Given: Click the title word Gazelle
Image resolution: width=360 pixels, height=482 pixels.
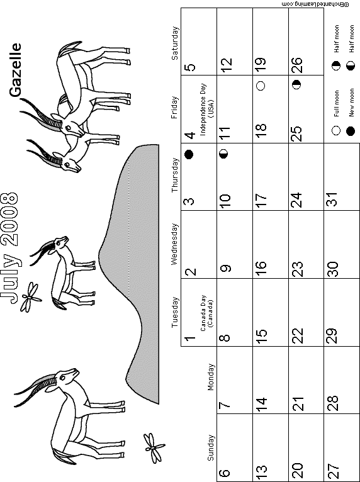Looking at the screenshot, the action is click(x=15, y=70).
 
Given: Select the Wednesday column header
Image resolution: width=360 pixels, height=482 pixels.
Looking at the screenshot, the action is click(x=174, y=244).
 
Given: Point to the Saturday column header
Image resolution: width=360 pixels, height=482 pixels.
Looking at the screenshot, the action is click(x=174, y=43).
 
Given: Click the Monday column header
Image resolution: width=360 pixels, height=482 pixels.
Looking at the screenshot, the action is click(x=211, y=377).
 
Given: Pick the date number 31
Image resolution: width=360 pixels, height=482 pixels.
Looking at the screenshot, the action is click(x=333, y=199).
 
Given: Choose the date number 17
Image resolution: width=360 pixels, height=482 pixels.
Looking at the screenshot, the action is click(x=261, y=201).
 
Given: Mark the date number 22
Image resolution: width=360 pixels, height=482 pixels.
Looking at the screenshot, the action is click(x=297, y=335).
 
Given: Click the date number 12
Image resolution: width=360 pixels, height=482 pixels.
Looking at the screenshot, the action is click(x=227, y=65).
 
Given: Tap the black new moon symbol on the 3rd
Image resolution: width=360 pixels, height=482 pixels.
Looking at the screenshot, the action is click(x=189, y=154).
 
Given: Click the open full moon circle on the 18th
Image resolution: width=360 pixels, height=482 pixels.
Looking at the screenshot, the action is click(x=261, y=86).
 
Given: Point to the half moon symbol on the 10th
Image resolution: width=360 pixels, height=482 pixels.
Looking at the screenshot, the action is click(x=224, y=154).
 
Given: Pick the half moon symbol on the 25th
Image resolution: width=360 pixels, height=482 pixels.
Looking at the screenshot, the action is click(x=296, y=84).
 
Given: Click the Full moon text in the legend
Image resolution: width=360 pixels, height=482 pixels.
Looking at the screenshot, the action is click(x=337, y=103).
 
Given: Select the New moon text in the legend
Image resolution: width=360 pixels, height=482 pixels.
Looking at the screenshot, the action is click(x=352, y=103).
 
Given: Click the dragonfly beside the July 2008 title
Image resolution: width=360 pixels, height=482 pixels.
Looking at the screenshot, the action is click(x=30, y=298).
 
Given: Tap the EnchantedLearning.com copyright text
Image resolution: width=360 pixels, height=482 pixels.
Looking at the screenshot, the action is click(x=315, y=4).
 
